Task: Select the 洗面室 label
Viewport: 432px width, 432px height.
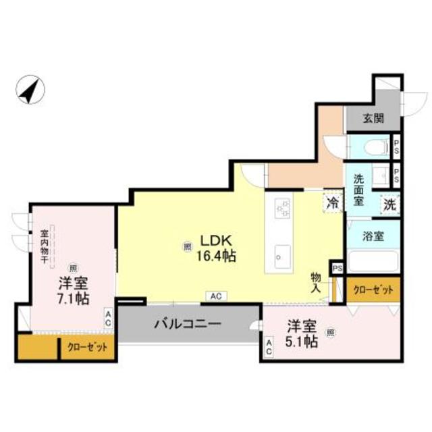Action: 359,190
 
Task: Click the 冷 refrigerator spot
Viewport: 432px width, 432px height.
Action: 333,201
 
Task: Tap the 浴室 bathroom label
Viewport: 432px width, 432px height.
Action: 373,236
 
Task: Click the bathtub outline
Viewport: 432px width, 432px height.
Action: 373,262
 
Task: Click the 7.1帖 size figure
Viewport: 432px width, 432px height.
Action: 73,298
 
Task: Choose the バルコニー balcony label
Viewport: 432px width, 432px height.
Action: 188,324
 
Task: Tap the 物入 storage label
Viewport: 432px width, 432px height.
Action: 316,281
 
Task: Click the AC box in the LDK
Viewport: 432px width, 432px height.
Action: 215,296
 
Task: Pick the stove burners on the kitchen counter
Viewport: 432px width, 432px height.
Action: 282,208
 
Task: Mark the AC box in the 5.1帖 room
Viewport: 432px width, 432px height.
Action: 269,348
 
